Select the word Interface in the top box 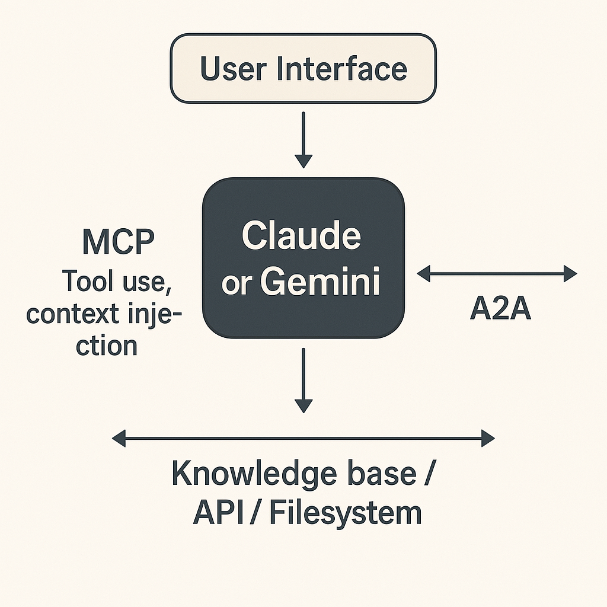pyautogui.click(x=342, y=69)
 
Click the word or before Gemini pyautogui.click(x=236, y=285)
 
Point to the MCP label pyautogui.click(x=118, y=242)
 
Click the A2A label pyautogui.click(x=500, y=309)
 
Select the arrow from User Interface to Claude pyautogui.click(x=303, y=139)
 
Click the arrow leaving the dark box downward pyautogui.click(x=303, y=380)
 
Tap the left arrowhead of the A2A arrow pyautogui.click(x=423, y=273)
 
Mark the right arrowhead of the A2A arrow pyautogui.click(x=570, y=273)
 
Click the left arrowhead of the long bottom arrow pyautogui.click(x=118, y=439)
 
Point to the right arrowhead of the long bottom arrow pyautogui.click(x=488, y=439)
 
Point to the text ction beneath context pyautogui.click(x=107, y=344)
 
